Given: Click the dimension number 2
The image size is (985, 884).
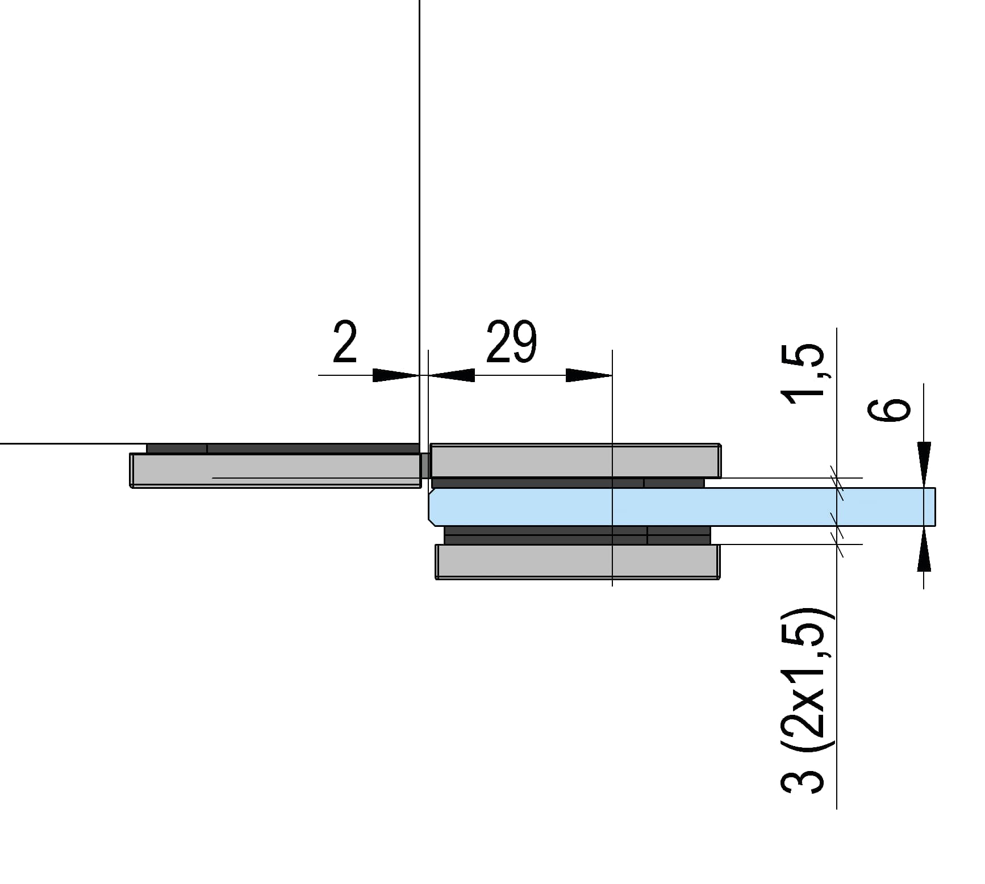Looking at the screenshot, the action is [x=345, y=342].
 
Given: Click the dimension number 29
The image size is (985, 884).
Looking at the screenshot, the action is [x=511, y=342].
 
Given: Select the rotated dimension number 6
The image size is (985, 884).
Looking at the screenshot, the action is [x=889, y=410].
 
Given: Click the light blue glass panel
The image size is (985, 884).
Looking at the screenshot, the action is [x=682, y=506].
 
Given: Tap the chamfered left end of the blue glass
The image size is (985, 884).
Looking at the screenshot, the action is [x=432, y=506].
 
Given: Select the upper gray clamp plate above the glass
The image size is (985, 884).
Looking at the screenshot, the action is [x=575, y=461].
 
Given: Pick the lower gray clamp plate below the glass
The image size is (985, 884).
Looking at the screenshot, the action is [x=577, y=562].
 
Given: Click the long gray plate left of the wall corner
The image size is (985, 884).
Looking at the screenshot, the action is [x=275, y=470].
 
